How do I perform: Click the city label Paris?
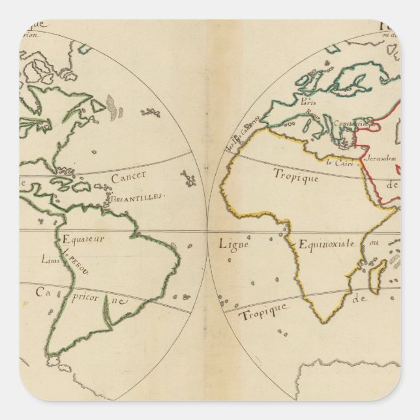click(308, 101)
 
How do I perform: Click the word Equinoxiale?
click(327, 244)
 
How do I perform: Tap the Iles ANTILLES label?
click(138, 196)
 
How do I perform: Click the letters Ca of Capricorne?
click(43, 292)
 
